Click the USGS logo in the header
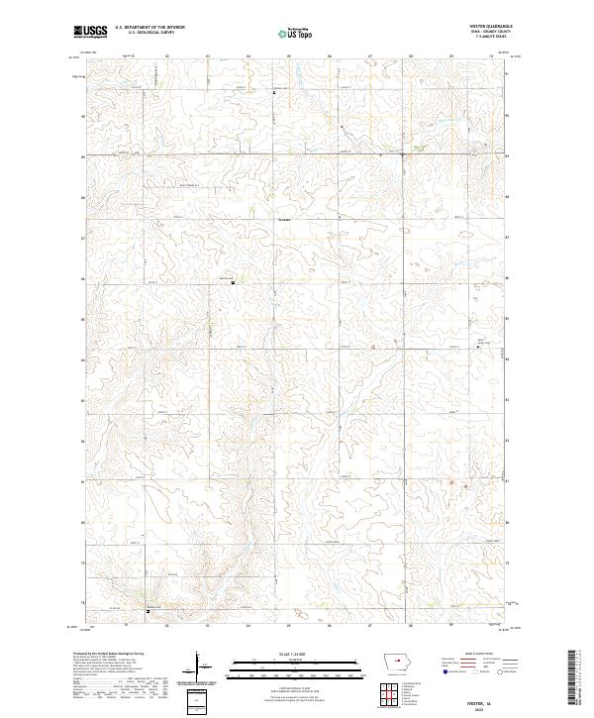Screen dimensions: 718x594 (90, 33)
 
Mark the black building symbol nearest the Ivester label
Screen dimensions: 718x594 (234, 283)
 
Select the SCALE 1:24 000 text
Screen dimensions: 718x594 (284, 652)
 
